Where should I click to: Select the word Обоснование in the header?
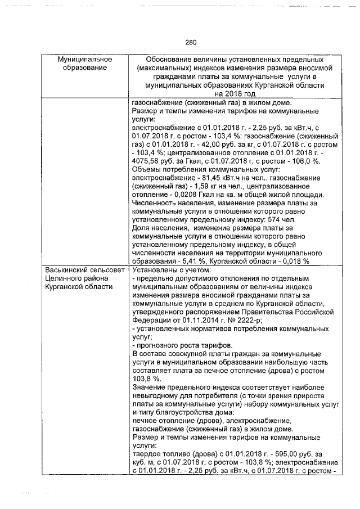tap(169, 60)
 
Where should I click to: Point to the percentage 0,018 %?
tap(294, 262)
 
